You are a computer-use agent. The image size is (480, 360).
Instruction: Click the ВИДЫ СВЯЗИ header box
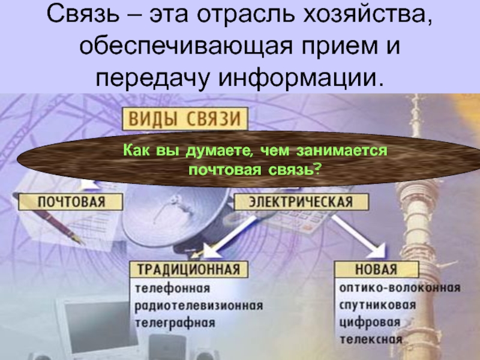pyautogui.click(x=185, y=118)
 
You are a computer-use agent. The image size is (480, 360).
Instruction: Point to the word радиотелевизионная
pyautogui.click(x=198, y=305)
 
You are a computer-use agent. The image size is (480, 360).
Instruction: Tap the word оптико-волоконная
pyautogui.click(x=400, y=287)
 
